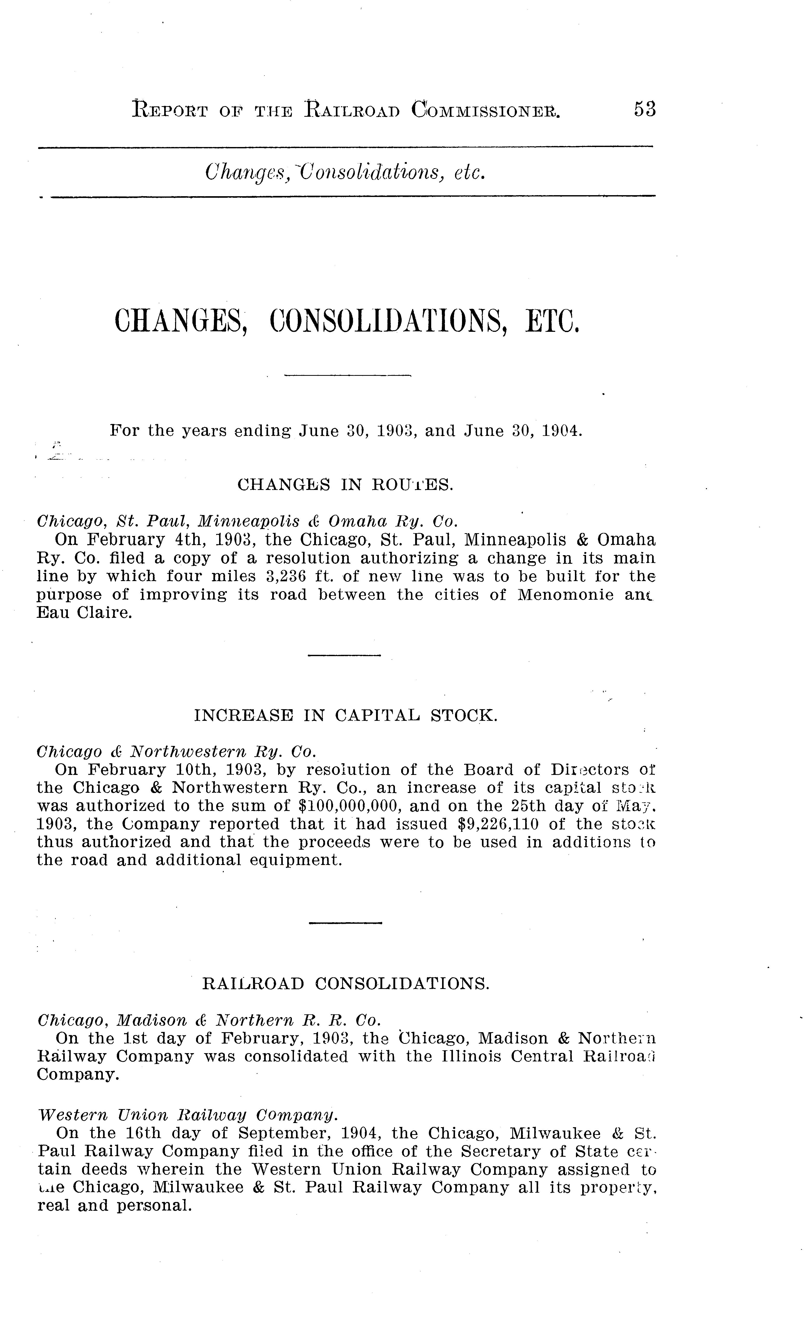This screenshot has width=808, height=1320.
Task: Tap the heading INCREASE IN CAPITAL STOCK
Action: (x=345, y=716)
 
